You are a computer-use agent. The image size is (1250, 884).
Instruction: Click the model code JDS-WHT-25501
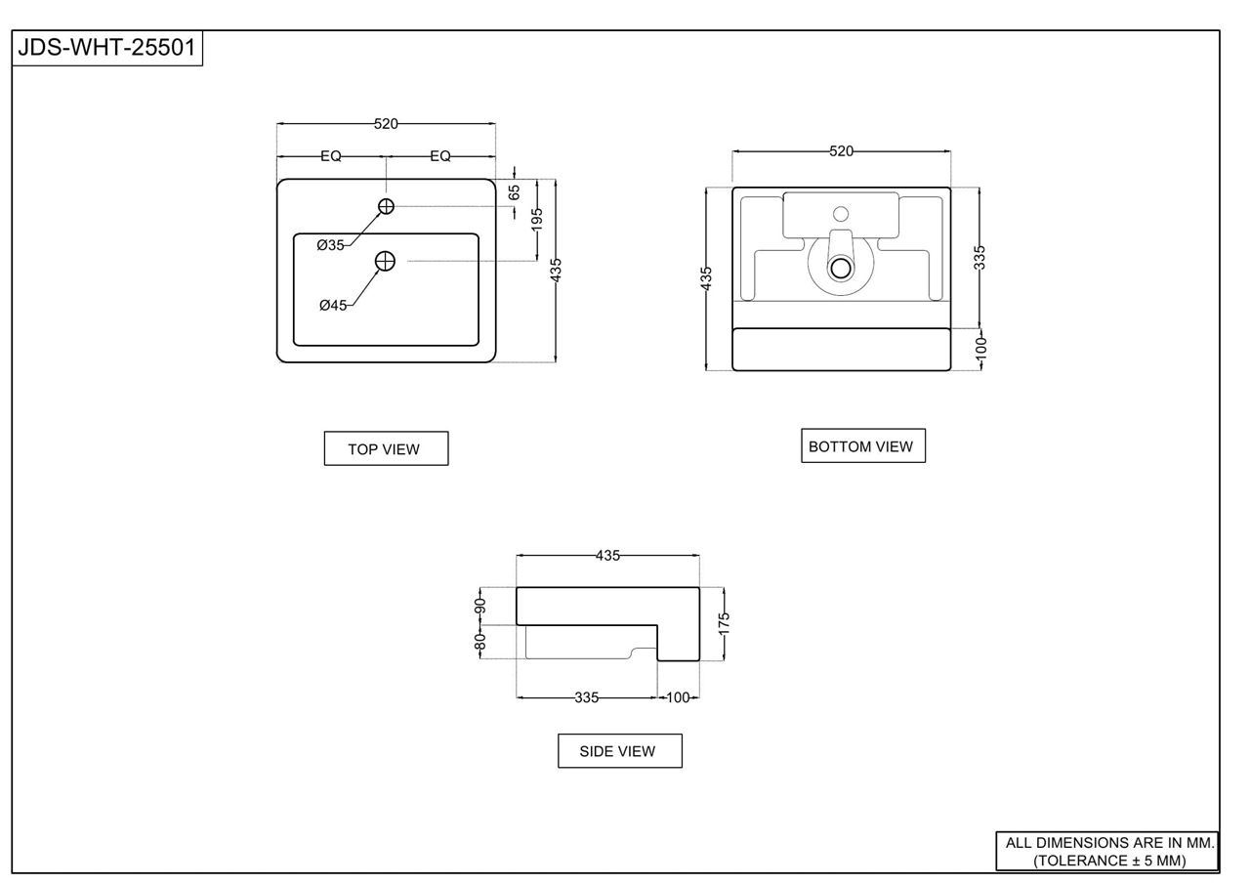(x=106, y=48)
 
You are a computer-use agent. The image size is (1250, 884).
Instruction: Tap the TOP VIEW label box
(x=386, y=448)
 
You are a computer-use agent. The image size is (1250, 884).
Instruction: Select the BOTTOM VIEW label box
(x=863, y=445)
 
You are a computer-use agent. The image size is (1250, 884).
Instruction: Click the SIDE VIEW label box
(x=620, y=750)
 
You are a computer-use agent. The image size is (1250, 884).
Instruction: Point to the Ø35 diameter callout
(x=330, y=245)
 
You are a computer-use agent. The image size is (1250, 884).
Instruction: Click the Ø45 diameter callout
(x=333, y=306)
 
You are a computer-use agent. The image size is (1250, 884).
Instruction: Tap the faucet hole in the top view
(x=386, y=206)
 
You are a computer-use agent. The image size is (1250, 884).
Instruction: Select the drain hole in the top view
(x=385, y=261)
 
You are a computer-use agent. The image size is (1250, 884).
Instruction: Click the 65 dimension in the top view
(x=515, y=192)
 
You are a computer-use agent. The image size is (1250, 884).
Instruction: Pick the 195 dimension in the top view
(x=537, y=220)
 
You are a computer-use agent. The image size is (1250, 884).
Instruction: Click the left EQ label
(x=331, y=156)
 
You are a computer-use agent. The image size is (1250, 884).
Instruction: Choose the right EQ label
(x=440, y=156)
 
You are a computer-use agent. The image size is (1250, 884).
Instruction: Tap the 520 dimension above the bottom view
(x=842, y=151)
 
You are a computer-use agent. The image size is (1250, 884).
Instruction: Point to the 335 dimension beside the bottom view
(x=979, y=258)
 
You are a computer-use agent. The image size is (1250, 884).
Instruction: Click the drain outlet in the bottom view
(x=841, y=268)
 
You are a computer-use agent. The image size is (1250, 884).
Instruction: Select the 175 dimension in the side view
(x=724, y=623)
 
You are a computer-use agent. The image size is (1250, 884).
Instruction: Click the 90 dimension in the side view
(x=479, y=606)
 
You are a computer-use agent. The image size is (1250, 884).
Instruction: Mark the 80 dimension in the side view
(x=479, y=642)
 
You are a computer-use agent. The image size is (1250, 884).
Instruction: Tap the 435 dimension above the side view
(x=607, y=556)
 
